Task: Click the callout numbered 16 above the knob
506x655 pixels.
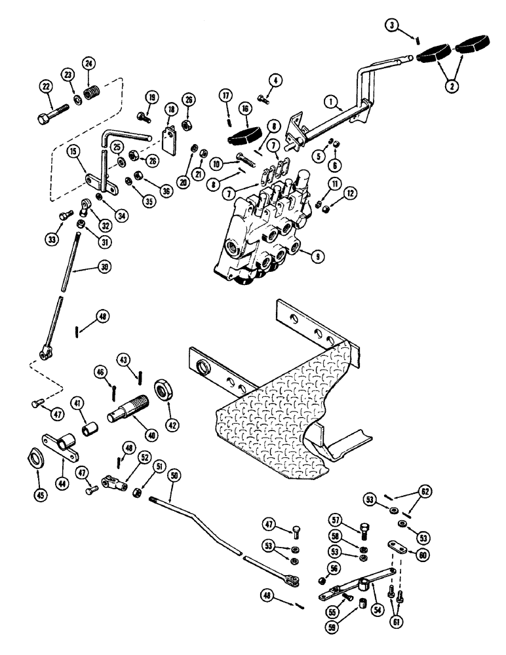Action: pyautogui.click(x=244, y=108)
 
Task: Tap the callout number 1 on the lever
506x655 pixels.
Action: pyautogui.click(x=332, y=102)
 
